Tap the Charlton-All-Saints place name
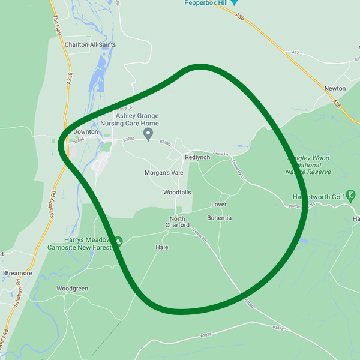[91, 45]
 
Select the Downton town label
[85, 132]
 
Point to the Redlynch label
[198, 157]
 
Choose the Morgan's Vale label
[164, 172]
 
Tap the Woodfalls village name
[178, 193]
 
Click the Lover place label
[219, 205]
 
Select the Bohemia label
[219, 218]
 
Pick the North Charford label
[177, 222]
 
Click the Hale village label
[162, 247]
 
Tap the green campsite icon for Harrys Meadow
[118, 241]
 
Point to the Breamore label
[18, 273]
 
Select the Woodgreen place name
[72, 289]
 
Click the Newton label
[335, 88]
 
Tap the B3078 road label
[277, 328]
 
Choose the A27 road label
[295, 53]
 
